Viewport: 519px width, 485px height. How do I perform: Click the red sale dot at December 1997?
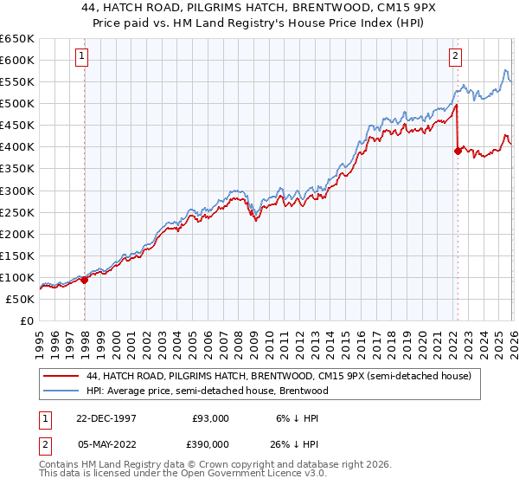point(85,280)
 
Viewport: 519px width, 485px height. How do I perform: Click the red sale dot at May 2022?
point(458,151)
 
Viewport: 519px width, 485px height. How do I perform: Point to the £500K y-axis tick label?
point(16,104)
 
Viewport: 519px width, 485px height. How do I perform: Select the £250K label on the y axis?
point(16,212)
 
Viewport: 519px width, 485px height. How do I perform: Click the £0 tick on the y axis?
point(27,320)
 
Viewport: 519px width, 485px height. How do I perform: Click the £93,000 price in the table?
point(211,418)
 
